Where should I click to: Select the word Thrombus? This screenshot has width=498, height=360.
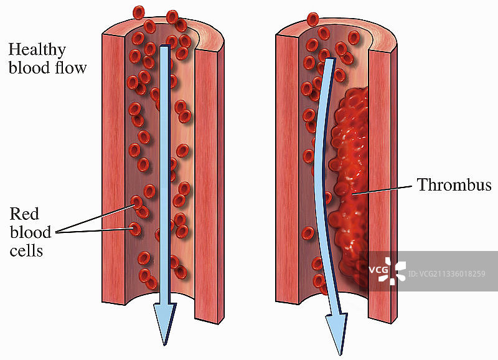point(454,184)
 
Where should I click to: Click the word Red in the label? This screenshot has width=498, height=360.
point(24,214)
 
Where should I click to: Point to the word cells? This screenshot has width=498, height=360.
point(26,251)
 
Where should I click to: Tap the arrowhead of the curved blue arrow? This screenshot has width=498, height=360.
point(337,334)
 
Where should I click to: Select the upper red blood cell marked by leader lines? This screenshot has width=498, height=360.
point(137,202)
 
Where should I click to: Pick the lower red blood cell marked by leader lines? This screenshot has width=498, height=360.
point(135,229)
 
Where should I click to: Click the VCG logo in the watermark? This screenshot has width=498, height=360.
point(387,271)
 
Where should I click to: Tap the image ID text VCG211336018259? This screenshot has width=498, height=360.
point(447,274)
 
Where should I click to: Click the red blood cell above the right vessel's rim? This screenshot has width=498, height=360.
point(313,19)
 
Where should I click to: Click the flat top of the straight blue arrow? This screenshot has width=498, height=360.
point(164,46)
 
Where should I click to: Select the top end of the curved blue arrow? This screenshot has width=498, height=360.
point(331,59)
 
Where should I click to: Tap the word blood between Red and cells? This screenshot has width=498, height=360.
point(31,232)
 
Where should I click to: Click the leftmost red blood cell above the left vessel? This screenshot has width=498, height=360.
point(138,12)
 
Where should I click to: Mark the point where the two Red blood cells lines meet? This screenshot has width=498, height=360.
point(57,232)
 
